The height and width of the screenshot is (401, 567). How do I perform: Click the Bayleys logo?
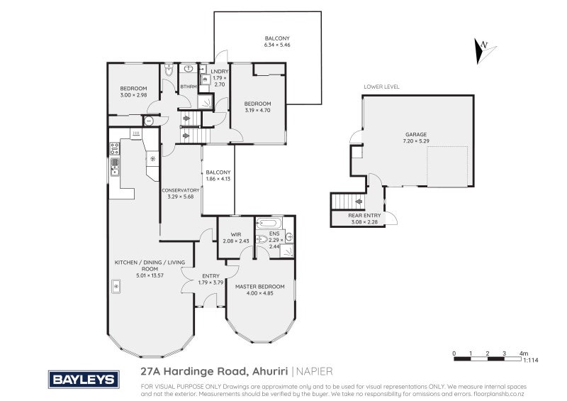(82, 379)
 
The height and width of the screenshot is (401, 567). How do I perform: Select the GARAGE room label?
(416, 133)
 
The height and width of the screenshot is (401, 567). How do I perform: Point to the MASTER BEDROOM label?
(259, 286)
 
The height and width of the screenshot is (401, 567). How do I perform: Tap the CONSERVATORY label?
(180, 190)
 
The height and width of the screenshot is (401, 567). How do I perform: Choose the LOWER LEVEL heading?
(381, 87)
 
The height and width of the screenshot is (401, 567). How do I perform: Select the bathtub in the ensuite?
(269, 222)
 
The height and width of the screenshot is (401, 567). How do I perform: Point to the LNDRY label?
(218, 70)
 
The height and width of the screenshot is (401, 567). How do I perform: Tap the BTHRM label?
(188, 87)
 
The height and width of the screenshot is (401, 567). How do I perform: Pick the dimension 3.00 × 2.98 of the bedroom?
(133, 94)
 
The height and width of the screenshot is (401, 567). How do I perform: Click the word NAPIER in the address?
(315, 370)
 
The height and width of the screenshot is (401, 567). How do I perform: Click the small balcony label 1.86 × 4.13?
(218, 179)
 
